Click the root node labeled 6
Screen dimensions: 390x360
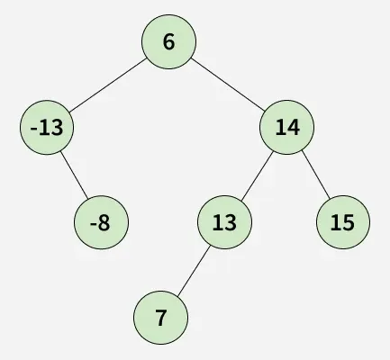[168, 41]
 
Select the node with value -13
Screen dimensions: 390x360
[47, 128]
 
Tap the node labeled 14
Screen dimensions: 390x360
[286, 128]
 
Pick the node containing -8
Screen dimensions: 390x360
[101, 222]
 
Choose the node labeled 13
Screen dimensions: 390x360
[224, 222]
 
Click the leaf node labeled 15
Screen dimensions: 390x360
[343, 222]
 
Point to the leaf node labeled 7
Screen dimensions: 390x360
[160, 318]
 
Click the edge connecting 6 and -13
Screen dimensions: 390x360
[107, 85]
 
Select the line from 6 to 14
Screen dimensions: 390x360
[228, 85]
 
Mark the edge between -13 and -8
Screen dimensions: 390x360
[74, 175]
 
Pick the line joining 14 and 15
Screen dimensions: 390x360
[316, 175]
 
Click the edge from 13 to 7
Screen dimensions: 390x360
[194, 270]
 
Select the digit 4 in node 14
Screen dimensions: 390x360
[293, 128]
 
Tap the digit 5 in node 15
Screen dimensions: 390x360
[349, 222]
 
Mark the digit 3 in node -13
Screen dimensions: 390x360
[57, 128]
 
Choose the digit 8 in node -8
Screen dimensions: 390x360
[104, 222]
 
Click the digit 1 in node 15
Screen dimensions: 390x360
[336, 222]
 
